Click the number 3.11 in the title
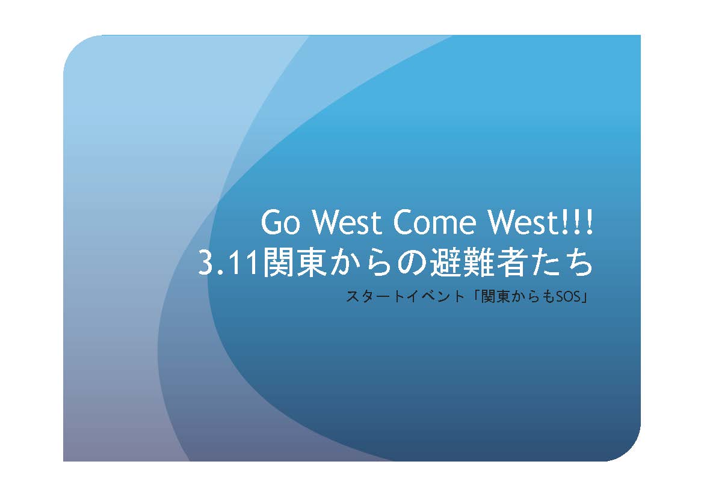click(x=229, y=263)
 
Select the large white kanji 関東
click(x=294, y=263)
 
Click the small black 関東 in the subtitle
click(x=496, y=296)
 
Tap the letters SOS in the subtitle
click(x=567, y=296)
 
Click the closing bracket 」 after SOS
click(x=583, y=297)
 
